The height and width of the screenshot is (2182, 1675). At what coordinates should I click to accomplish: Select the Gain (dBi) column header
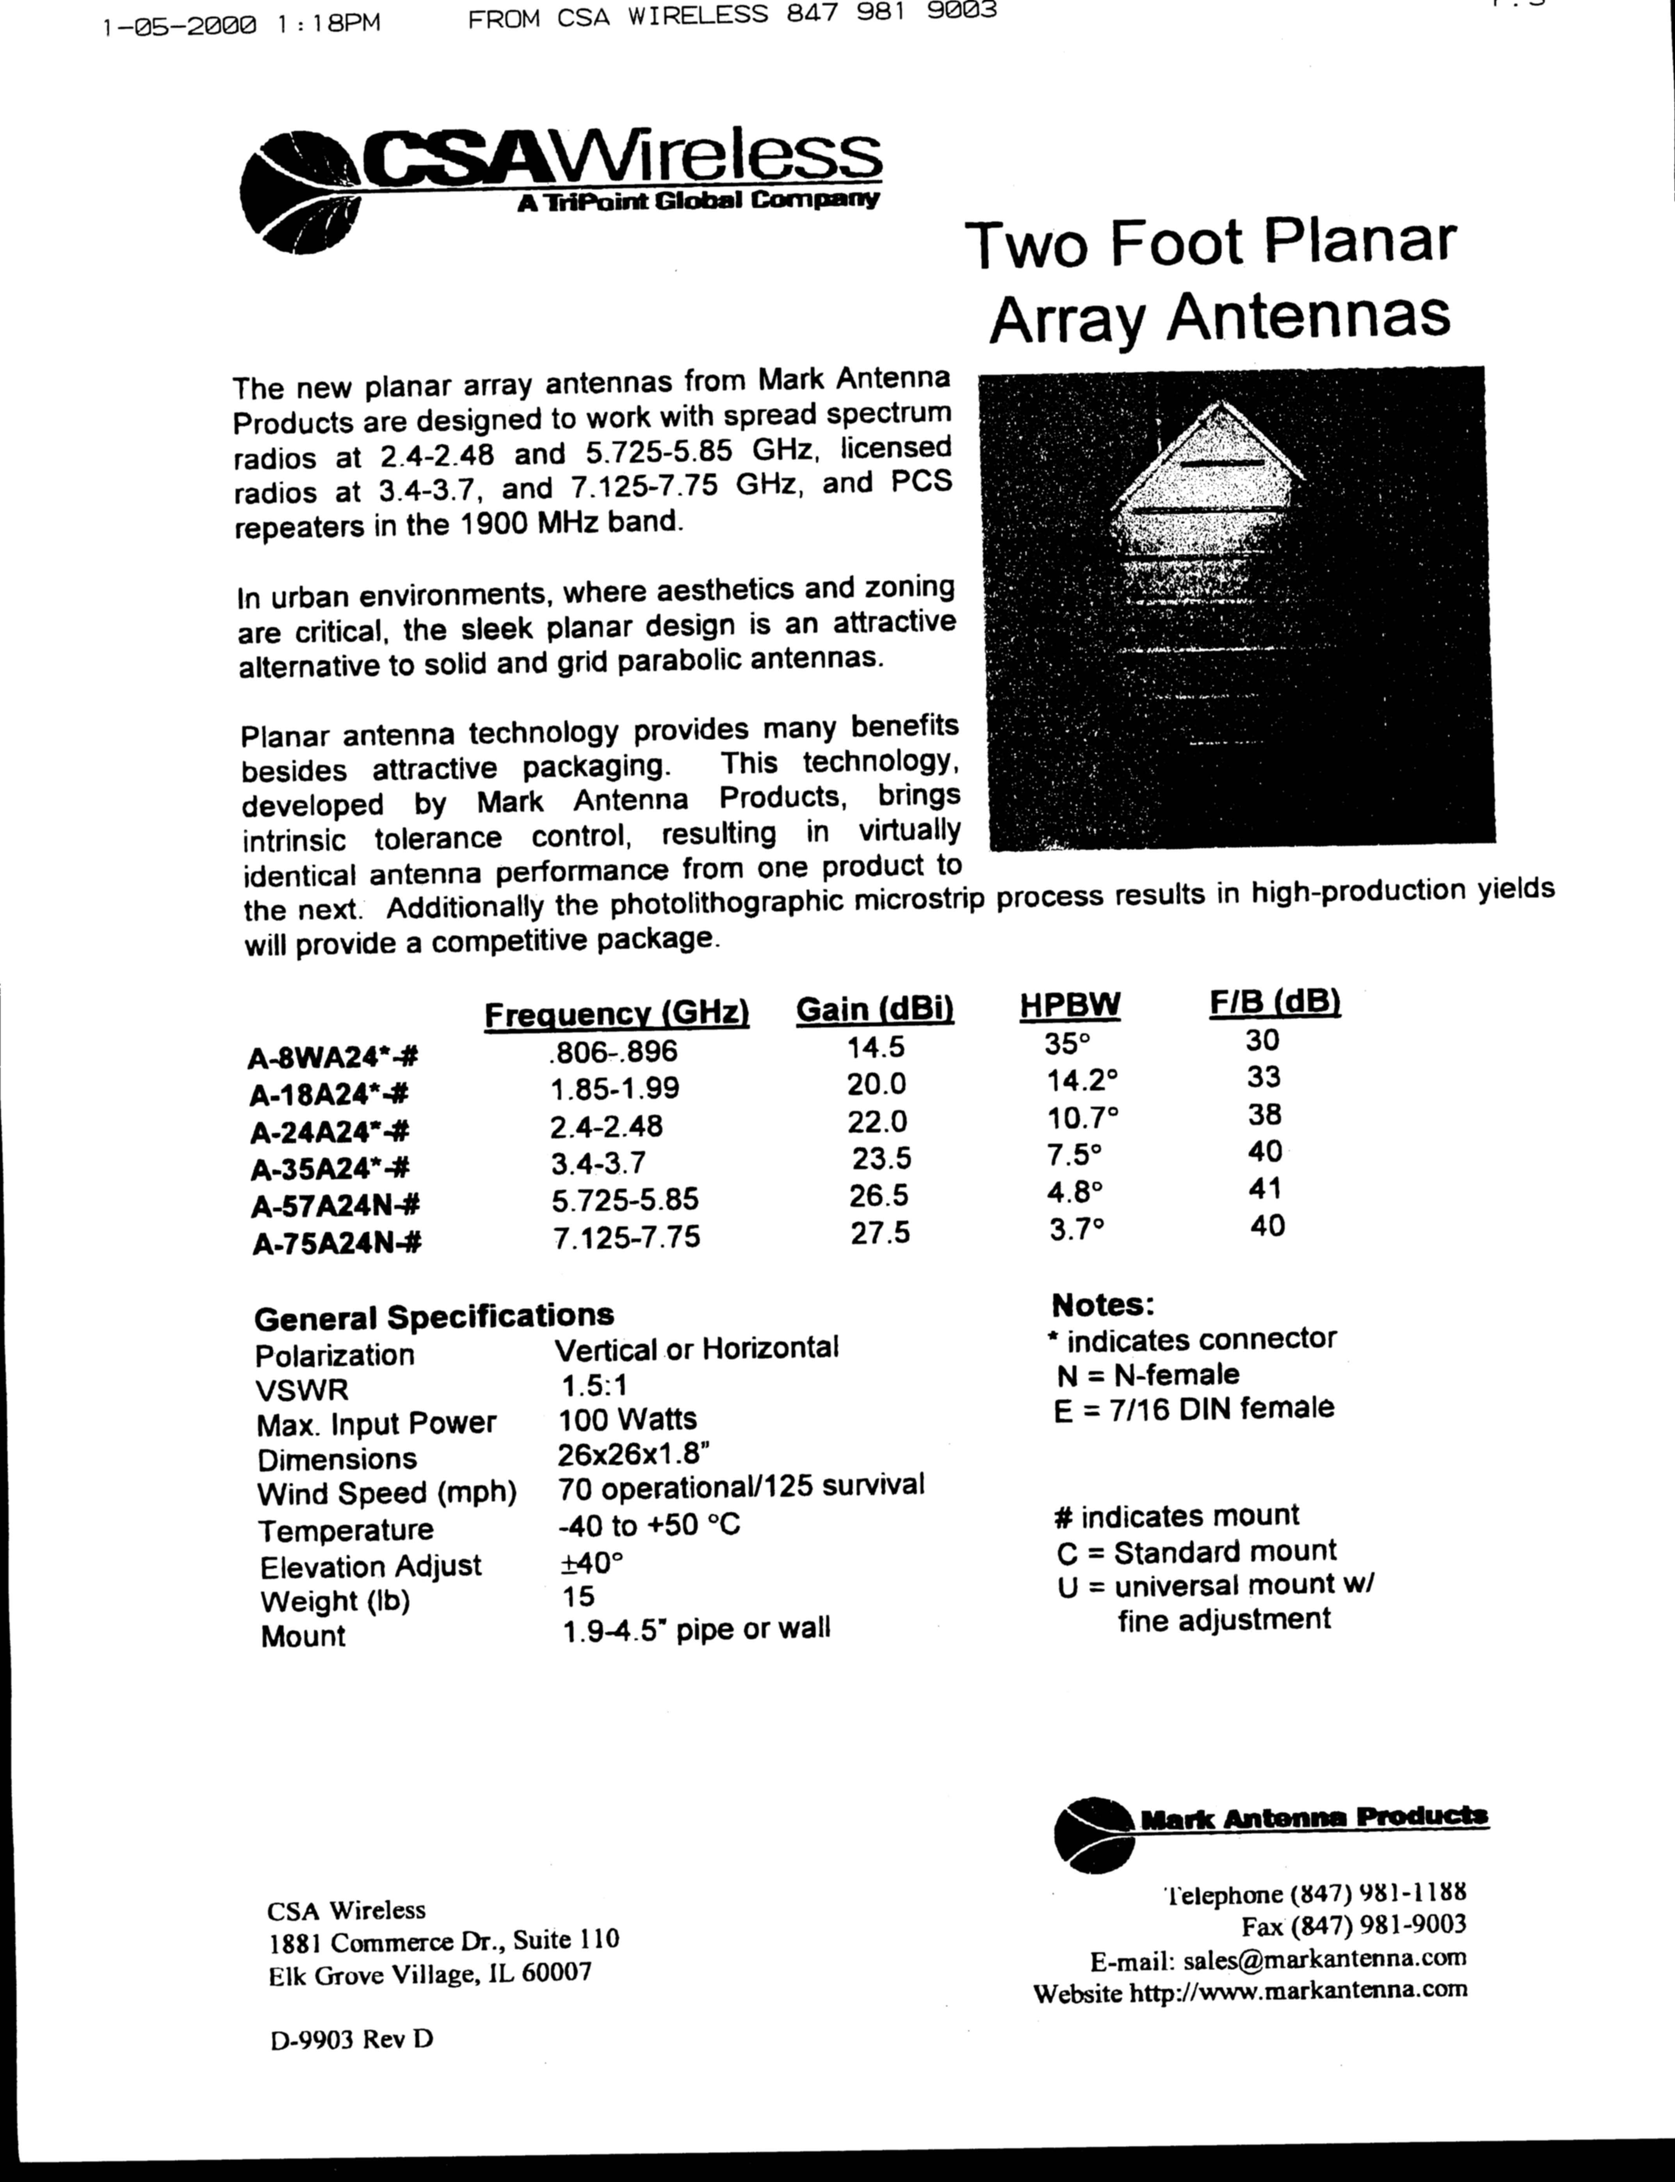874,1010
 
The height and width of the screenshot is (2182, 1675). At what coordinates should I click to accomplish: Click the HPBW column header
1070,1006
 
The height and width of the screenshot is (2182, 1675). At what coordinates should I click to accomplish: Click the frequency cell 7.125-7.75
626,1237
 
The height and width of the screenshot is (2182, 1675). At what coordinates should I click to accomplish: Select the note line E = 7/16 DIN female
1193,1408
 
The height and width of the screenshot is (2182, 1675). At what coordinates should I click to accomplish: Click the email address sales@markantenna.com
1325,1957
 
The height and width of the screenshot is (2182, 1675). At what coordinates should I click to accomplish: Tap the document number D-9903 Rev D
351,2038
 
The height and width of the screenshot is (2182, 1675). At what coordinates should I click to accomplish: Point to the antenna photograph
1236,608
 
